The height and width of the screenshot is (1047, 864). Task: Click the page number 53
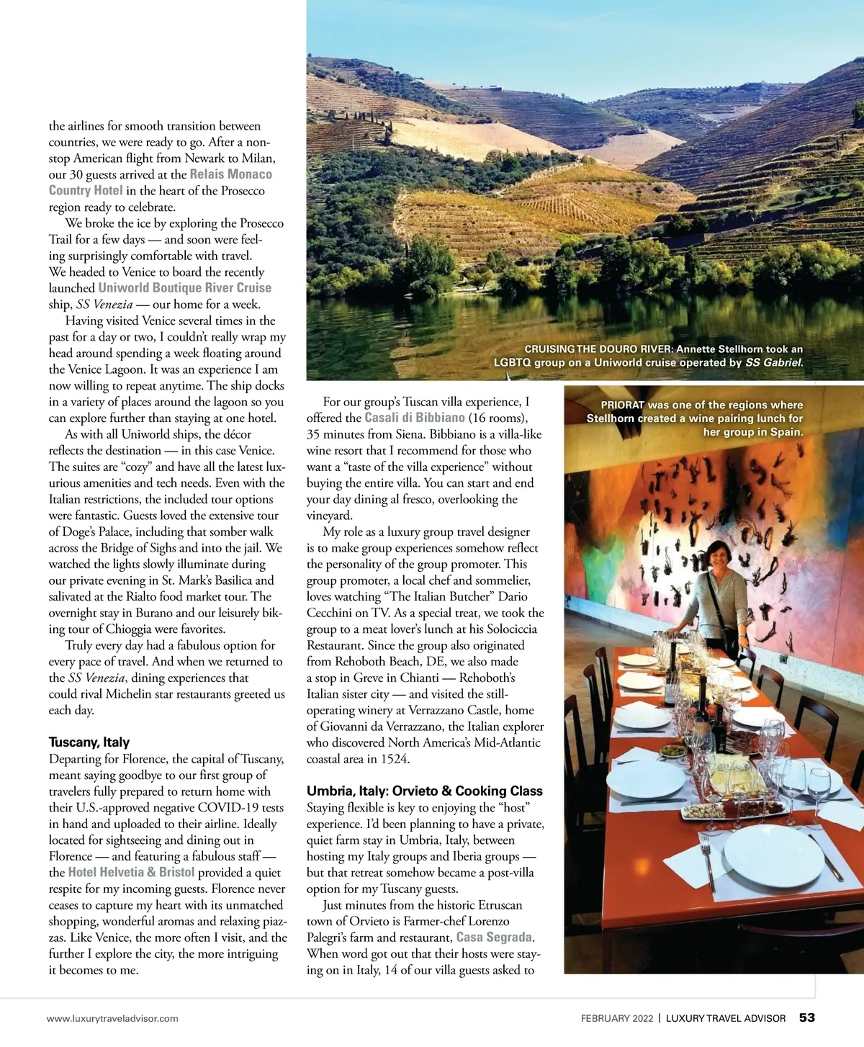pos(806,1017)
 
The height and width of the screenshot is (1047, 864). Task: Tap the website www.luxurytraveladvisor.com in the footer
pos(112,1018)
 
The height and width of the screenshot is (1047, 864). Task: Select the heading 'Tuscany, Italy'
pos(89,742)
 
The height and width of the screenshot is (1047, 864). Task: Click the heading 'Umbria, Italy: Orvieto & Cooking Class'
pos(424,791)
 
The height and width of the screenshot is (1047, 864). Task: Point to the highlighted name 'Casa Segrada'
pos(494,937)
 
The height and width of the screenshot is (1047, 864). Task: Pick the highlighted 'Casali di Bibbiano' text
pos(415,418)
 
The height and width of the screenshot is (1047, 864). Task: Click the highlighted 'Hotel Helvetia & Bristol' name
pos(131,872)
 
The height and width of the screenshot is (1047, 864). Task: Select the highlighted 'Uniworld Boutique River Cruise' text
pos(185,287)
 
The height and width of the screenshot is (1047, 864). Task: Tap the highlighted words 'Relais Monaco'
pos(231,174)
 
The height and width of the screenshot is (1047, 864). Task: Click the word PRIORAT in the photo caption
pos(623,405)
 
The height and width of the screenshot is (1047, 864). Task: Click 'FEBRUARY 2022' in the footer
pos(617,1018)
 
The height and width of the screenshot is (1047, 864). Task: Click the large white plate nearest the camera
pos(772,855)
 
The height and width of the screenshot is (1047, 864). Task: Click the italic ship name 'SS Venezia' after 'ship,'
pos(104,304)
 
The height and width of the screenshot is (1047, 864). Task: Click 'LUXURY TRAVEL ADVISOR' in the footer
pos(726,1018)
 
